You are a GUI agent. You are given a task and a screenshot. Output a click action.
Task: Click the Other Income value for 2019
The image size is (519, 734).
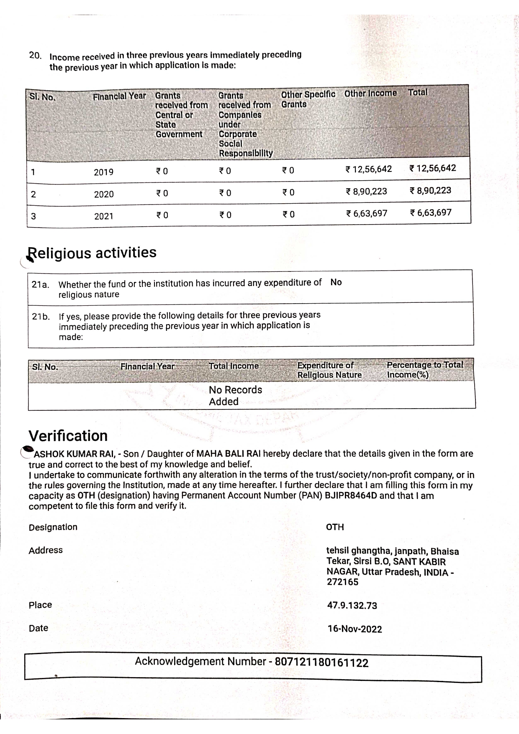369,169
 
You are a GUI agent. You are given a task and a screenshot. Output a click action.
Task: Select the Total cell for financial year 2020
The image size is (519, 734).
430,191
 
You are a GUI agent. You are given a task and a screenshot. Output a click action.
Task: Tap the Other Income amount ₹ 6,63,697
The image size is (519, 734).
367,214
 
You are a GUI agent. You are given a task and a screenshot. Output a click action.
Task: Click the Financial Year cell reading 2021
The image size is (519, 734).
104,216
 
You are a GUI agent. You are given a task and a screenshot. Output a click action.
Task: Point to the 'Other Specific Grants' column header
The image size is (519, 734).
308,100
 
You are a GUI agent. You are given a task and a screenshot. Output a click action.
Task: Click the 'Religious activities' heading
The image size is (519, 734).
92,253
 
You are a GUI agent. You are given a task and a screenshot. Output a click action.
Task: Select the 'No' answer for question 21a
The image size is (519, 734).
336,282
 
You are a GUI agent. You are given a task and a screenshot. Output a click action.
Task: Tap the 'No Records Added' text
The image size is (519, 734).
235,396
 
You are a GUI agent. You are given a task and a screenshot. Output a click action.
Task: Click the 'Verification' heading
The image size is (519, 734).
68,436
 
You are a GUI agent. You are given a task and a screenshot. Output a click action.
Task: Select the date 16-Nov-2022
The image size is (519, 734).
355,629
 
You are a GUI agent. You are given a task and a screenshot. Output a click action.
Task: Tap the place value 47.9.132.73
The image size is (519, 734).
352,606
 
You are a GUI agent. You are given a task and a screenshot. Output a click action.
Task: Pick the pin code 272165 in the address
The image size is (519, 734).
342,582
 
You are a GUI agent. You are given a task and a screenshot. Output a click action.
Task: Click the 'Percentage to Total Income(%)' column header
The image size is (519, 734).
424,370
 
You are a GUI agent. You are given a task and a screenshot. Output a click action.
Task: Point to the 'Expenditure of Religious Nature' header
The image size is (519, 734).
329,370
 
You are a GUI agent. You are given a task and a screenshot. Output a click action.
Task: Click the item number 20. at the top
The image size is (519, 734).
35,55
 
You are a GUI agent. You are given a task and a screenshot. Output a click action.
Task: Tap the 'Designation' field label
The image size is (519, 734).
53,527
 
